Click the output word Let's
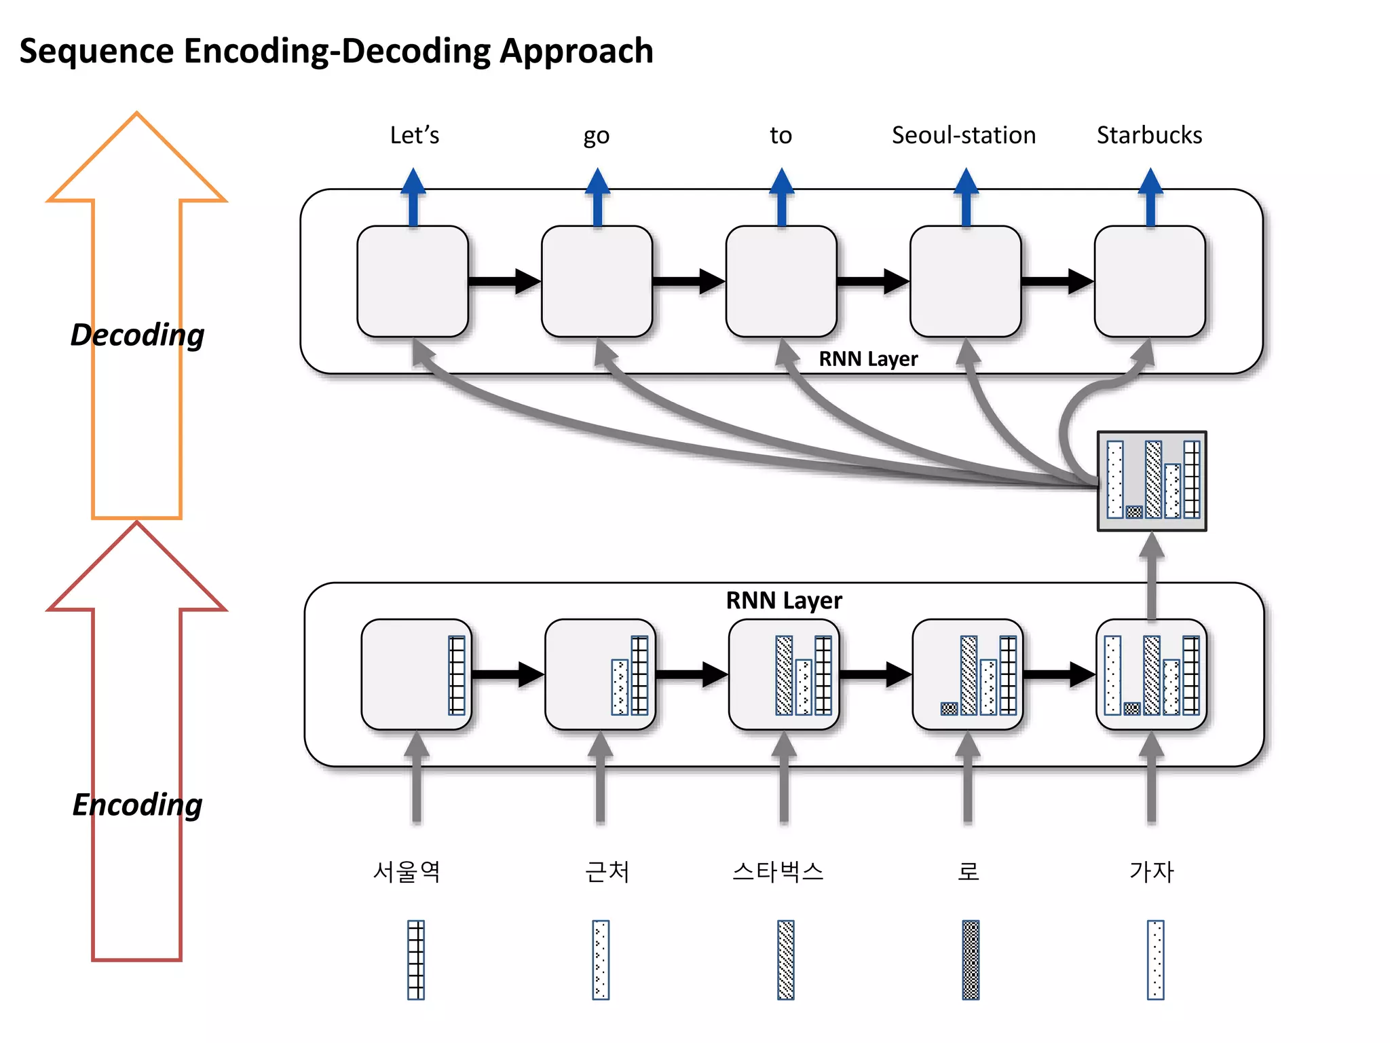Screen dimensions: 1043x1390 click(x=414, y=135)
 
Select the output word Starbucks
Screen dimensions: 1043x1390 click(x=1149, y=135)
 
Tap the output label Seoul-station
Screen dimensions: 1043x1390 click(x=963, y=135)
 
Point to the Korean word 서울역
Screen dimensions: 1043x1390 click(x=407, y=871)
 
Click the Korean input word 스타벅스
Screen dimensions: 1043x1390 click(x=778, y=871)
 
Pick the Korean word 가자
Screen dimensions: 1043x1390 click(x=1151, y=871)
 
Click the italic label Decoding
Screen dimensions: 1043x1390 click(x=137, y=335)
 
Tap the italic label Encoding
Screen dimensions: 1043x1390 click(x=137, y=805)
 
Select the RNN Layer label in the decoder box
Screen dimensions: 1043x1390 click(x=867, y=359)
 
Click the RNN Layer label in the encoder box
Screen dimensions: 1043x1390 click(x=783, y=600)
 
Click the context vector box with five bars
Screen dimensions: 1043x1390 click(x=1152, y=481)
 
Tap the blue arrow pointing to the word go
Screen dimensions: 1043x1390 click(x=597, y=197)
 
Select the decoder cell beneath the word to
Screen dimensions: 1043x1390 click(x=781, y=281)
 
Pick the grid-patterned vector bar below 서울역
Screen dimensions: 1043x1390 click(x=416, y=959)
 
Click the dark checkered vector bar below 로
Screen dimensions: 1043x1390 click(x=971, y=959)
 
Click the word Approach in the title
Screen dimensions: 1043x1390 click(x=576, y=51)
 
